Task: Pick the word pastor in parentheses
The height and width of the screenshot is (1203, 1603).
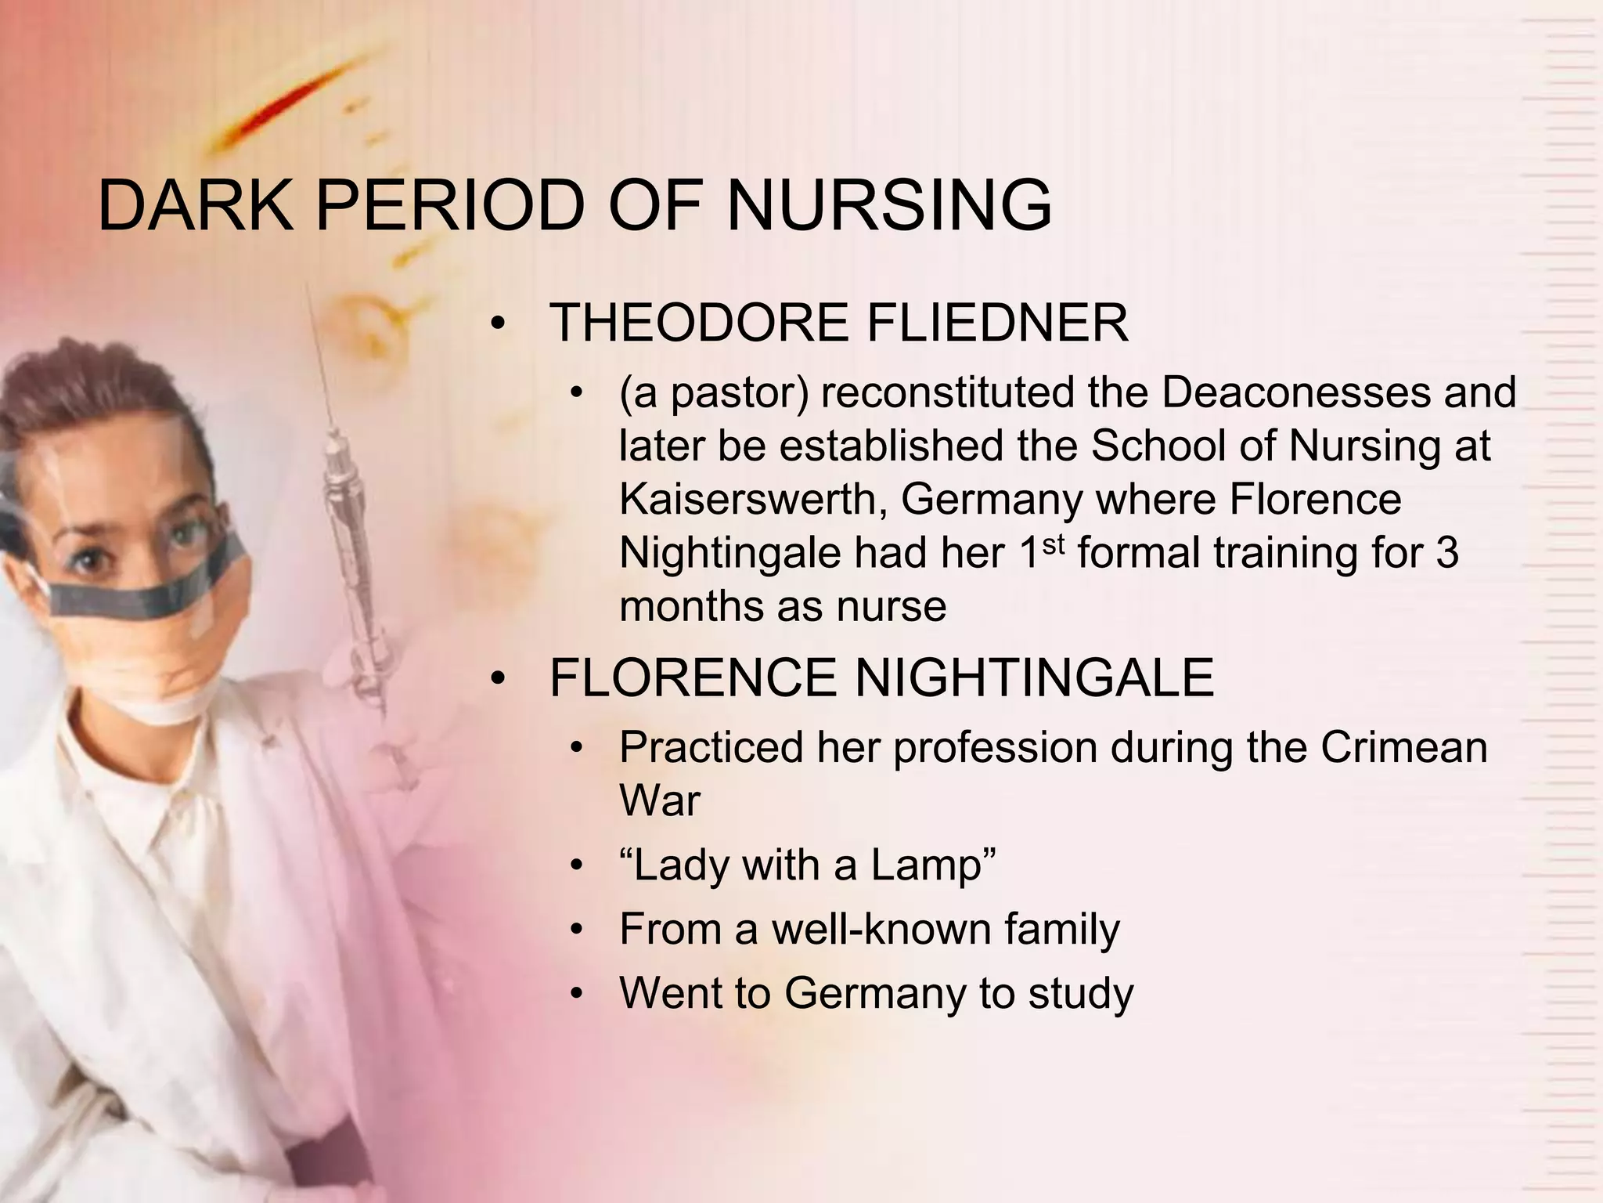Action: (736, 393)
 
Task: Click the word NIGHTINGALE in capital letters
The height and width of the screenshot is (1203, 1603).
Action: (1034, 677)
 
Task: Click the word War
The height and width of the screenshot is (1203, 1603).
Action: (659, 800)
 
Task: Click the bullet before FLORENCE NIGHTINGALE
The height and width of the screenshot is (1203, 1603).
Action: (498, 680)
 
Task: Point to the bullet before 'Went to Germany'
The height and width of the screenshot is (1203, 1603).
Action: (577, 995)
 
